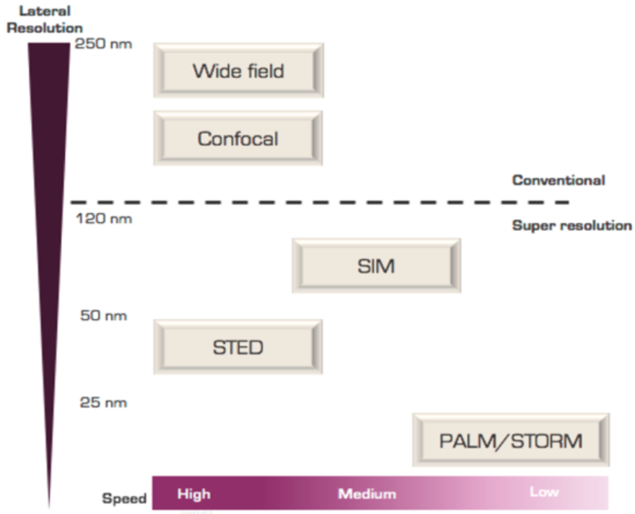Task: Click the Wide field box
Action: (239, 70)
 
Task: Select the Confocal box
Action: (238, 138)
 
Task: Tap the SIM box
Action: (376, 266)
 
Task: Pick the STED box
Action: (238, 347)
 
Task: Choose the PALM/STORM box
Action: (511, 440)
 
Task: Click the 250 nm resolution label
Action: (104, 44)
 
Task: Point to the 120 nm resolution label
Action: (104, 219)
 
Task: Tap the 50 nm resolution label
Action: (104, 315)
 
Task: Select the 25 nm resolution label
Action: (103, 403)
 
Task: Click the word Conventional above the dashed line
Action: (559, 180)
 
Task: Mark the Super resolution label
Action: (571, 225)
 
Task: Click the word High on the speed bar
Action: (194, 495)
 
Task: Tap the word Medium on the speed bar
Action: (367, 494)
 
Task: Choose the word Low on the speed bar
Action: (544, 492)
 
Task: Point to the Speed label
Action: (124, 498)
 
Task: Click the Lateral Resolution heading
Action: (45, 19)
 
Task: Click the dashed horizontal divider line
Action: (320, 202)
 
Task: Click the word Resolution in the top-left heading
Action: (45, 28)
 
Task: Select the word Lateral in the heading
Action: (45, 11)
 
